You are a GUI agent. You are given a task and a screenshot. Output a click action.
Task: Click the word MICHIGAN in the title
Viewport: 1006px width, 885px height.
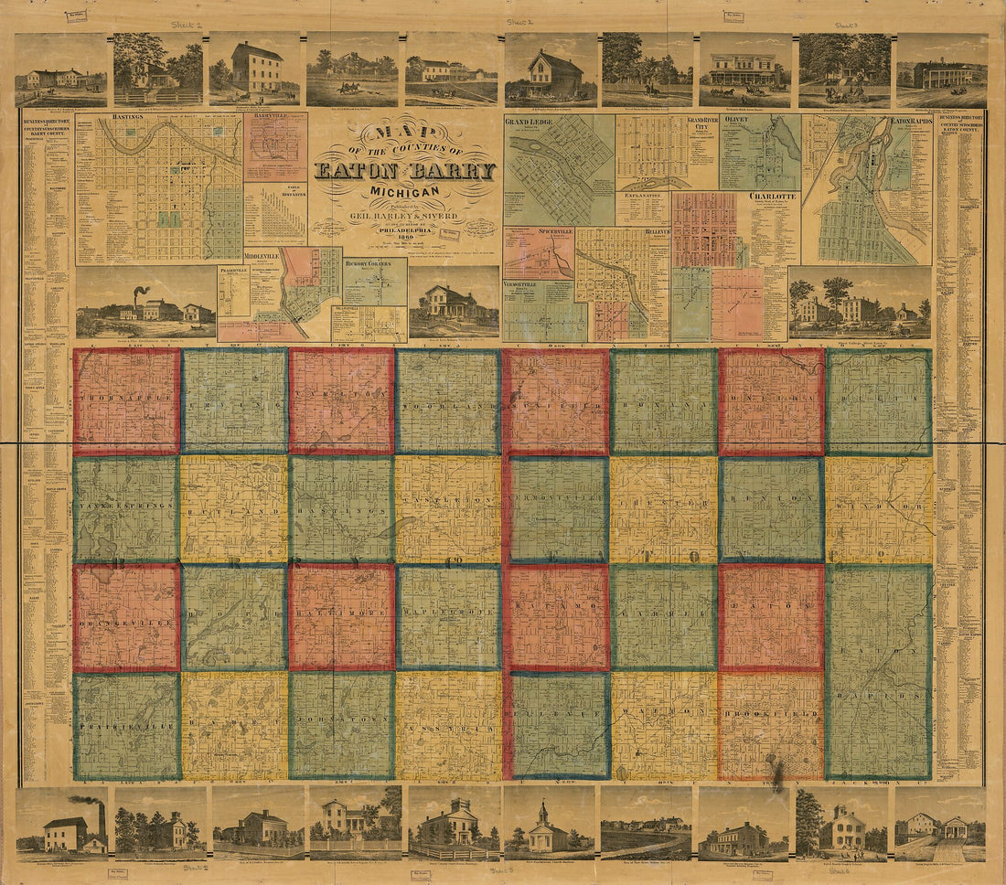click(404, 190)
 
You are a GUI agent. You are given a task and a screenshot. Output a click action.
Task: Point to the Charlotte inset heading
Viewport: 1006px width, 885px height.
click(773, 196)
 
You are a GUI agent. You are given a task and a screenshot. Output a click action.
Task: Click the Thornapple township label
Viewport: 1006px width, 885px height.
click(126, 400)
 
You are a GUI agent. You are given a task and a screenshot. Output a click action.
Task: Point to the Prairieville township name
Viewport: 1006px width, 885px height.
click(126, 729)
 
